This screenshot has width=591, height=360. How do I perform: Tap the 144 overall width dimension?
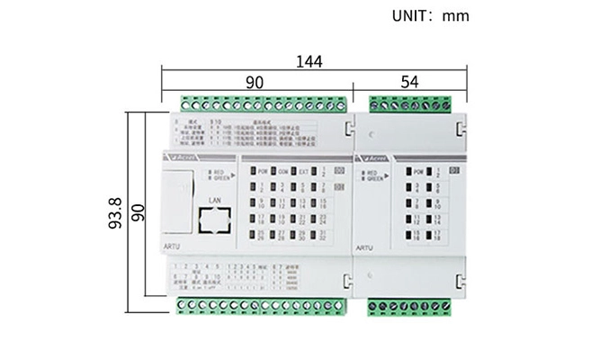310,61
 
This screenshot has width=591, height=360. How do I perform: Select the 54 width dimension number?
409,81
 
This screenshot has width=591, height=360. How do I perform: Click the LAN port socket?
214,220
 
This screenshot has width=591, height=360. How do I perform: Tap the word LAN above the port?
214,199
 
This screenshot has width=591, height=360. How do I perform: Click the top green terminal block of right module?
409,102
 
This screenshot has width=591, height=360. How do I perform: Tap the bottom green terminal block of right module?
409,307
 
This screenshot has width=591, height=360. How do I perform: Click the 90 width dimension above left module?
255,81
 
